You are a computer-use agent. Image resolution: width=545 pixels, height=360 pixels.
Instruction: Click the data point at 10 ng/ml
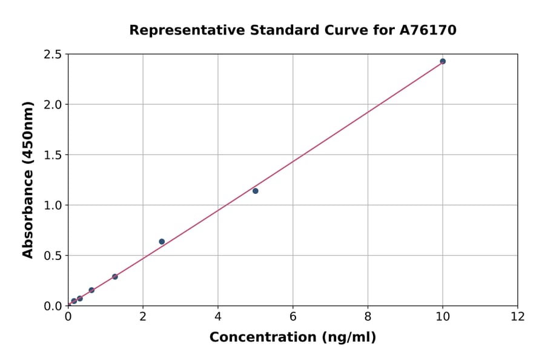[x=443, y=61]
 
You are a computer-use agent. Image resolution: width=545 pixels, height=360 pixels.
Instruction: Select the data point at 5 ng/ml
[x=256, y=191]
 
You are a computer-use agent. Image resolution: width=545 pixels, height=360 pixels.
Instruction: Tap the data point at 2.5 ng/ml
[x=162, y=242]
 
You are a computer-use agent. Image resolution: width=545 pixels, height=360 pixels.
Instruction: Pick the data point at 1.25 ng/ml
[x=115, y=277]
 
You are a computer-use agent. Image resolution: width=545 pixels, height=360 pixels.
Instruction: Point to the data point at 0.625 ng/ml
[x=91, y=290]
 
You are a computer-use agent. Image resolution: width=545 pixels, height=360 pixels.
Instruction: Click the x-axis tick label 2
[x=143, y=316]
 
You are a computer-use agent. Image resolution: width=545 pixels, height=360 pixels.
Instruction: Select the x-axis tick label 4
[x=218, y=316]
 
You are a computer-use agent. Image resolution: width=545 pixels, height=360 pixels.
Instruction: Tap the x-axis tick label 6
[x=293, y=316]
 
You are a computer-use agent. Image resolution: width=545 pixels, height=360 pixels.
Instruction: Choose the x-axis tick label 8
[x=368, y=316]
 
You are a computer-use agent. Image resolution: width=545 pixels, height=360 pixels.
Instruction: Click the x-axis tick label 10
[x=443, y=316]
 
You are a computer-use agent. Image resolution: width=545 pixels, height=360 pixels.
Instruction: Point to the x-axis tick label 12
[x=518, y=316]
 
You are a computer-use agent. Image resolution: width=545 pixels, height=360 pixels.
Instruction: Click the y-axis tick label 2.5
[x=53, y=55]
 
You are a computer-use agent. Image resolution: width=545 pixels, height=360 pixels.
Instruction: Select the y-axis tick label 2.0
[x=53, y=105]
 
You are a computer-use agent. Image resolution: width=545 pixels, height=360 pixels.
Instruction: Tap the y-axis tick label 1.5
[x=53, y=155]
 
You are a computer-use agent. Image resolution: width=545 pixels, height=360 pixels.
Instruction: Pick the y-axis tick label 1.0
[x=53, y=205]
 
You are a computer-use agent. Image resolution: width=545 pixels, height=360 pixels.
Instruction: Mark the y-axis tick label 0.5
[x=53, y=256]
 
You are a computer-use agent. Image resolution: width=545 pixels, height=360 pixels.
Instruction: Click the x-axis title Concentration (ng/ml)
[x=292, y=338]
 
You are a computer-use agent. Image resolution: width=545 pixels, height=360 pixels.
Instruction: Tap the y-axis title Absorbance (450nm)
[x=28, y=179]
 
